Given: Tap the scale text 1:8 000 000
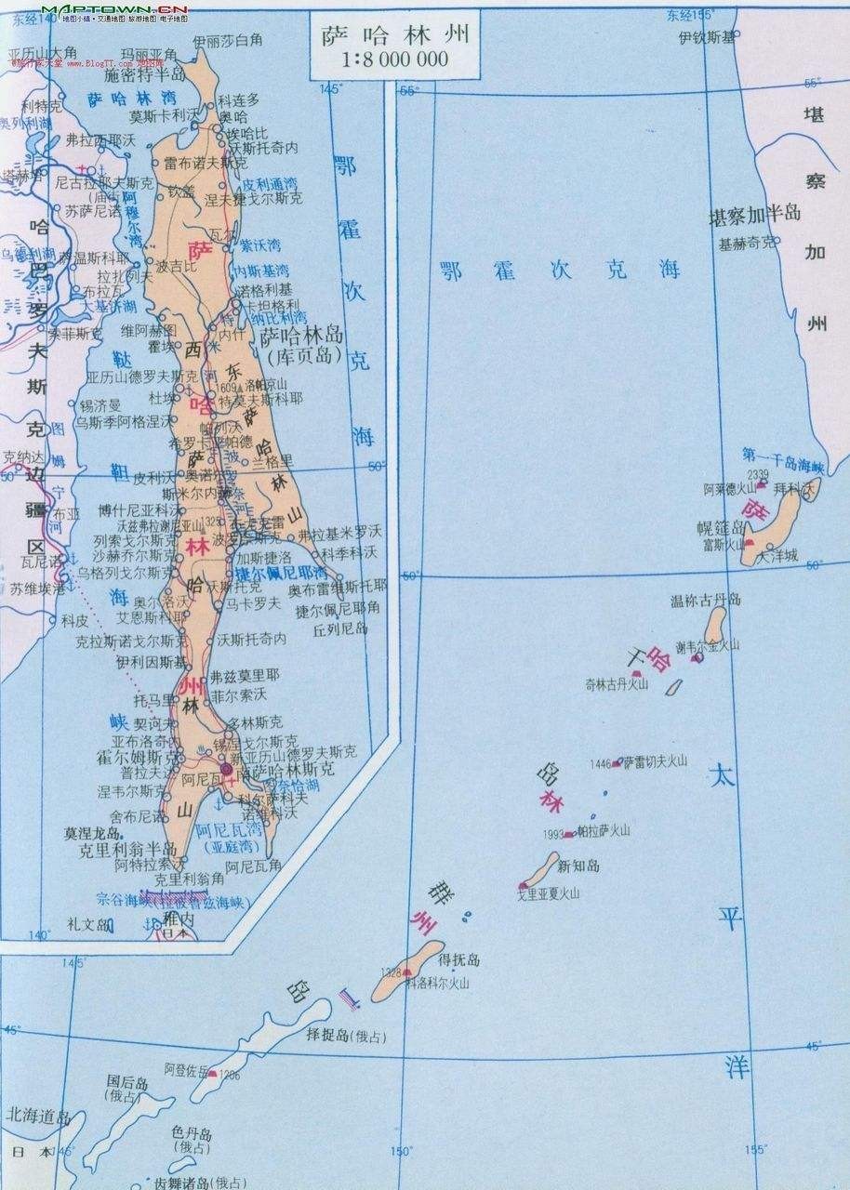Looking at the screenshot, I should point(394,60).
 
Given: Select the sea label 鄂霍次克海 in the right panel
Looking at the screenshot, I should point(561,270).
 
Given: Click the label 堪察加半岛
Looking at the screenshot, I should point(754,214).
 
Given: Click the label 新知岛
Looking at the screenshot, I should point(578,866).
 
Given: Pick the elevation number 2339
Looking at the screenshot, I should point(758,474).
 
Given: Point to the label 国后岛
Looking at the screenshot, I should point(127,1082).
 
